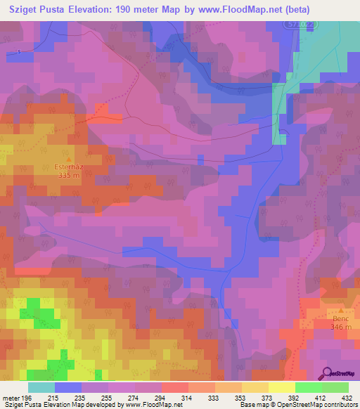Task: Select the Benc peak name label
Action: [x=342, y=318]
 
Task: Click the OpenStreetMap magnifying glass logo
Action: [x=328, y=373]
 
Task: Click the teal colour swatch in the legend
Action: [x=41, y=387]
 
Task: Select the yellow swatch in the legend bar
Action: [x=282, y=387]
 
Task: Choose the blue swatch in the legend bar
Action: [x=68, y=387]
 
